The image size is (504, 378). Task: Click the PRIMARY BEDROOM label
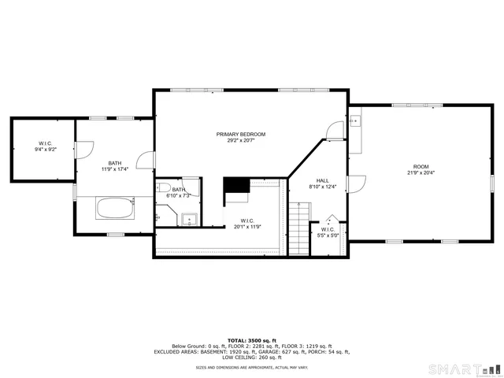241,135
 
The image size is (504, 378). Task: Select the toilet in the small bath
163,187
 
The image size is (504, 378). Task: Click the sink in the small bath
188,220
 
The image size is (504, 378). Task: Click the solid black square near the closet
236,186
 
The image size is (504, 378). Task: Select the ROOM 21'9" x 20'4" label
421,167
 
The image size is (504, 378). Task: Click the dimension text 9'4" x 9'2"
43,149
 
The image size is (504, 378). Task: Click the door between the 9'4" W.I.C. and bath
84,148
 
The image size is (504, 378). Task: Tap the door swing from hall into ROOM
356,183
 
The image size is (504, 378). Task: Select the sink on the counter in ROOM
355,121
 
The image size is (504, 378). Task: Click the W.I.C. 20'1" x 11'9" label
247,223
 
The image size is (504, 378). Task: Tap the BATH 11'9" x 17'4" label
115,165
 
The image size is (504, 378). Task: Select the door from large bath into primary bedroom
146,161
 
